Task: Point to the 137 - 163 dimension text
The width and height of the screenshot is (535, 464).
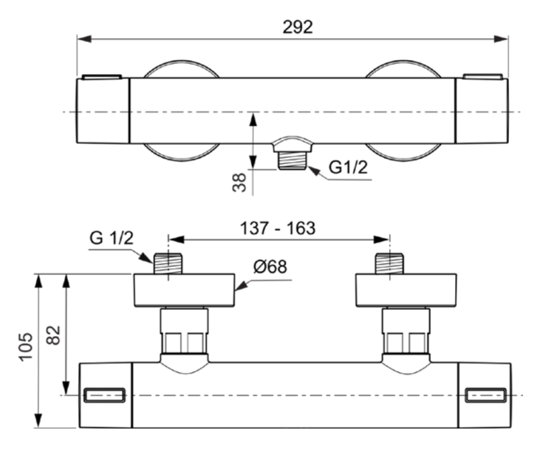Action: pos(277,228)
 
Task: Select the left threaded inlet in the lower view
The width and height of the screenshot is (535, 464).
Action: pos(168,262)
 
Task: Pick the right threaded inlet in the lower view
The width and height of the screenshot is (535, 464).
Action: pos(390,262)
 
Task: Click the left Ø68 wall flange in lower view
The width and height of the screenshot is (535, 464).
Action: pos(184,290)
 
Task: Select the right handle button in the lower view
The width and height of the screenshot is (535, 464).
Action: pos(486,396)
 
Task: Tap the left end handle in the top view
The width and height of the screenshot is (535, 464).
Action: pos(103,110)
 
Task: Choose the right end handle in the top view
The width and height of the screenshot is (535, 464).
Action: pos(482,110)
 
